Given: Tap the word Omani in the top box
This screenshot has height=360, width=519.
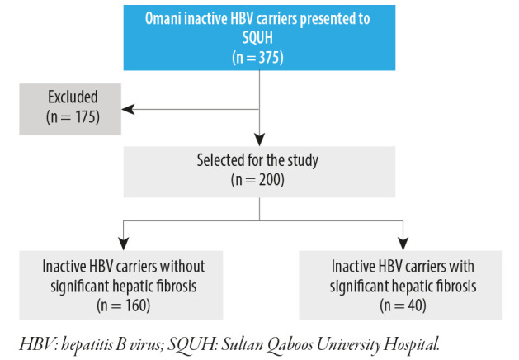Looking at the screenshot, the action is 163,18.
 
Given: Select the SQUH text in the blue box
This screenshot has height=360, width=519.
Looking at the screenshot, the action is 257,37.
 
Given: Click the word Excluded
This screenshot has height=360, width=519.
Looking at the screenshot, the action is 73,97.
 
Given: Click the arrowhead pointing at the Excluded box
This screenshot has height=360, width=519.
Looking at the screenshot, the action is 128,109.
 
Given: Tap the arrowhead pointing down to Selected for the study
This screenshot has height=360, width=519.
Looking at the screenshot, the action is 259,140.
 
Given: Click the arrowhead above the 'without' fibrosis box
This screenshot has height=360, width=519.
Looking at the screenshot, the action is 124,244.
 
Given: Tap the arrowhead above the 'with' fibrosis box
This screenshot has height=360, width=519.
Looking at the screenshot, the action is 403,244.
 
